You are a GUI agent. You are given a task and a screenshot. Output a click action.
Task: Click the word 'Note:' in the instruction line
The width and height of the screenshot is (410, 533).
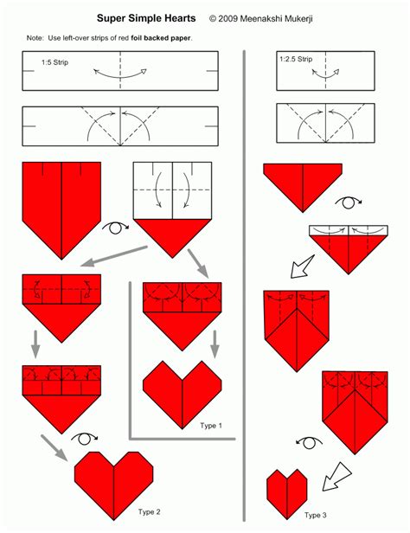point(35,38)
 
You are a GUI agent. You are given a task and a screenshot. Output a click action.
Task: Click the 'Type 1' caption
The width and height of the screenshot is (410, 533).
point(210,426)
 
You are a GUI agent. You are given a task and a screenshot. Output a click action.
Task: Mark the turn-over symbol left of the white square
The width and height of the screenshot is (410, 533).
point(115,228)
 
